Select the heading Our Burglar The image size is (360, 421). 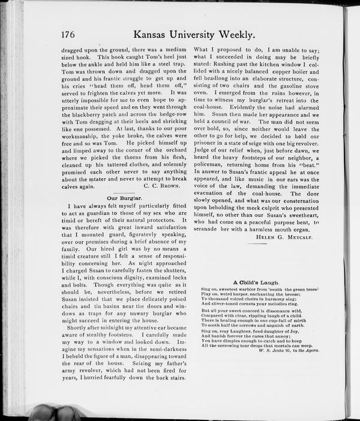point(124,197)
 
